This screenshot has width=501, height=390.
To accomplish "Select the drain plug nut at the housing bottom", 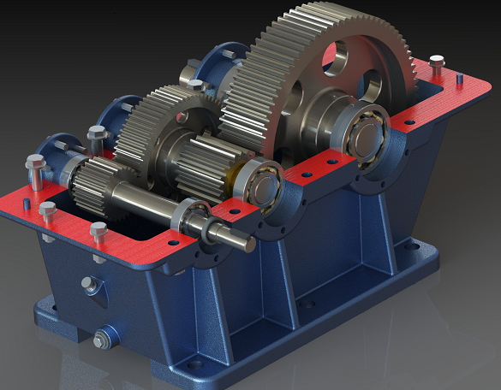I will (101, 341).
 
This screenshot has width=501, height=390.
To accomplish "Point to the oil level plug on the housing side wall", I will (88, 285).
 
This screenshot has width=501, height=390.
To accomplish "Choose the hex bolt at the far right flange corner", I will (437, 63).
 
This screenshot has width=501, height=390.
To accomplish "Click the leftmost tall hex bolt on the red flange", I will (35, 170).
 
